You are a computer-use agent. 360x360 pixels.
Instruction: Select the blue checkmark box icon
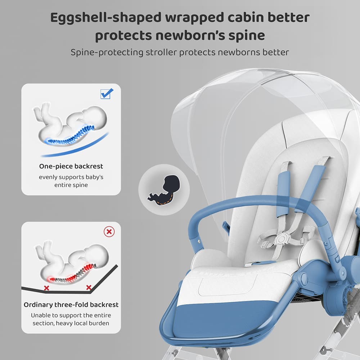click(x=107, y=93)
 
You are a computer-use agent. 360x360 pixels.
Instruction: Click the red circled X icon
click(x=109, y=231)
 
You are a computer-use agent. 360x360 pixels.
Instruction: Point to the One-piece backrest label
click(x=71, y=166)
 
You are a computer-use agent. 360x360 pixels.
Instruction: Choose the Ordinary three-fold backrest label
click(x=71, y=305)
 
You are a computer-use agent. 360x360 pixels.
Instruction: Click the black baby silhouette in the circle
click(x=164, y=188)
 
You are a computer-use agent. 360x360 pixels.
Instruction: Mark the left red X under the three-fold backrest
click(x=46, y=288)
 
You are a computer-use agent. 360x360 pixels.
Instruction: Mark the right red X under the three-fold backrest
click(x=89, y=287)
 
